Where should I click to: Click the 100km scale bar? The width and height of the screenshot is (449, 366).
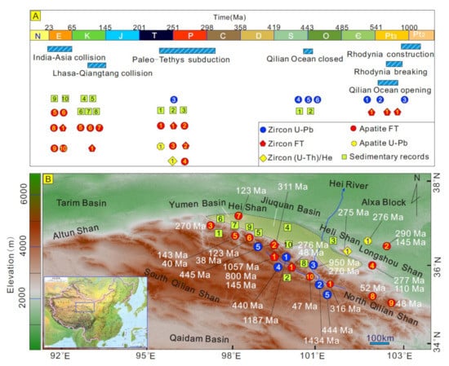[379, 336]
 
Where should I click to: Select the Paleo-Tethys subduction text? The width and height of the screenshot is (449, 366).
[176, 59]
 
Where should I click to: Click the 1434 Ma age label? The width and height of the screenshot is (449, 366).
[320, 338]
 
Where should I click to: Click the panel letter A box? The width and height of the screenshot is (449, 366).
[35, 15]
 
